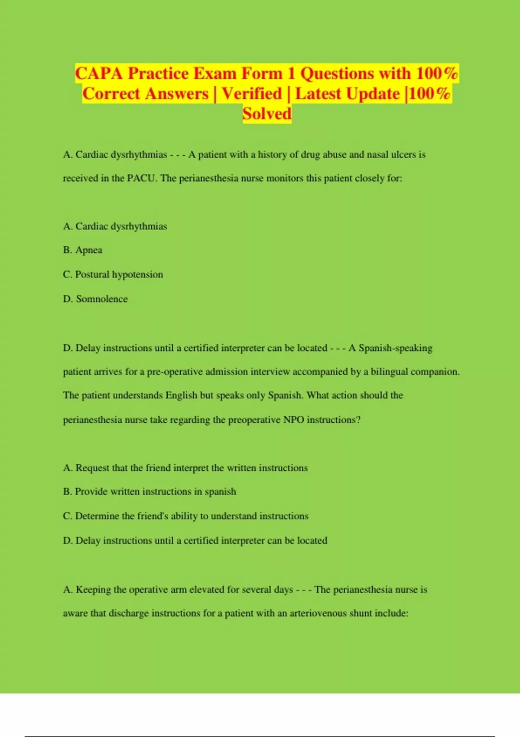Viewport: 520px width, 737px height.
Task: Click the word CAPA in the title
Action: (x=99, y=73)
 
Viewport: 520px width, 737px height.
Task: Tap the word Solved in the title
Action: (x=266, y=114)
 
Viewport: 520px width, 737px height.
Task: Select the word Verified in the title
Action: (x=252, y=94)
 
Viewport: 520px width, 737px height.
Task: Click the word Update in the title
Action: (x=373, y=94)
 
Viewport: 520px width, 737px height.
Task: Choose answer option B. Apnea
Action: (x=83, y=250)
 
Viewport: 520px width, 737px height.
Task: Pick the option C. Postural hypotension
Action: (x=113, y=274)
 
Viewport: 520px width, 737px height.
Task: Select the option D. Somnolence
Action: (x=95, y=299)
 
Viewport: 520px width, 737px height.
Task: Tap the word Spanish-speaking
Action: (x=395, y=348)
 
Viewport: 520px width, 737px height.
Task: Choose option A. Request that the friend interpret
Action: (x=185, y=468)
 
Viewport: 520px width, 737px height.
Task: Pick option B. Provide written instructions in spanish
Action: (x=149, y=492)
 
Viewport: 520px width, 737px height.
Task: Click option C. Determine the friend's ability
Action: (x=185, y=516)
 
